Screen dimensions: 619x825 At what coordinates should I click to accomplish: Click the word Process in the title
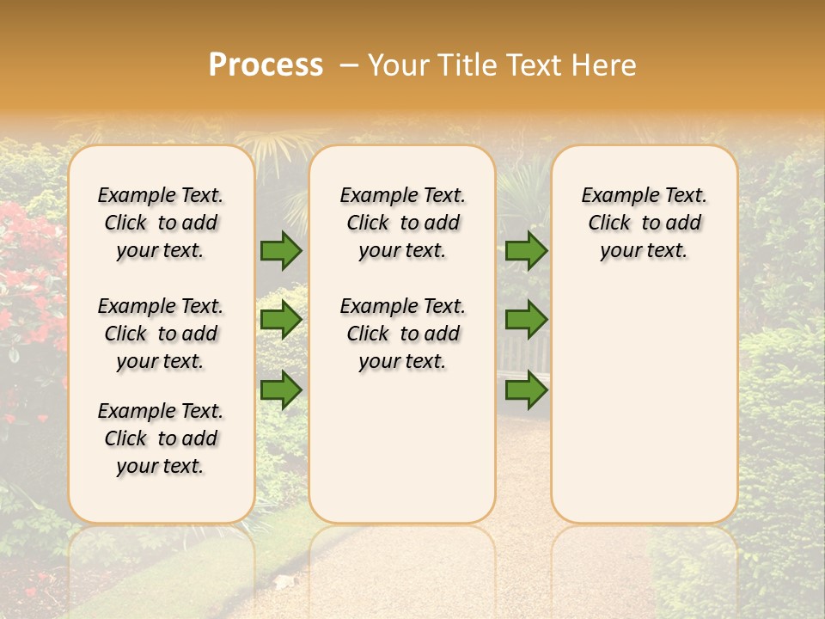pos(266,65)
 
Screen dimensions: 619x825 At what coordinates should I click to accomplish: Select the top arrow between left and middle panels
pos(281,250)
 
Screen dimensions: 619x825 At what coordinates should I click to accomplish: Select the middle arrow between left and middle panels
pos(281,320)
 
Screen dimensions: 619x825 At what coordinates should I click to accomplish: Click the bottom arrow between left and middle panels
pos(281,389)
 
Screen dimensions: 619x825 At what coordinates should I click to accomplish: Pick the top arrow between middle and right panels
pos(526,250)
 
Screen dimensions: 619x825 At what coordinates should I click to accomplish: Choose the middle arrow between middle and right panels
pos(526,320)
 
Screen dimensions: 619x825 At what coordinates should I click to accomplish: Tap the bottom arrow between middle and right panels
pos(526,389)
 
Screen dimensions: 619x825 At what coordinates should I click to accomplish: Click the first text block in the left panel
pos(161,223)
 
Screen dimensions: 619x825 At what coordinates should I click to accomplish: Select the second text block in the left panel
pos(161,334)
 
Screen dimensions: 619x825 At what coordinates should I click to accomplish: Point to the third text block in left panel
pos(161,438)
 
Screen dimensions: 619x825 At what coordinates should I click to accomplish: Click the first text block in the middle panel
pos(402,223)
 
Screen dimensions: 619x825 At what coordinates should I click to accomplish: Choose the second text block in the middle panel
pos(402,334)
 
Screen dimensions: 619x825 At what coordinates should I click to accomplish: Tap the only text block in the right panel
pos(644,223)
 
